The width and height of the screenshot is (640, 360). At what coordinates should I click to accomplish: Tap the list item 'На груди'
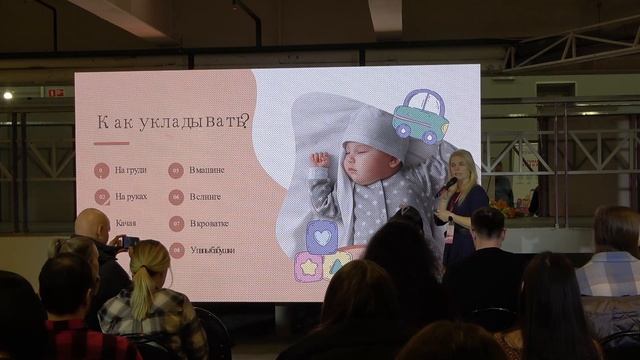(x=130, y=170)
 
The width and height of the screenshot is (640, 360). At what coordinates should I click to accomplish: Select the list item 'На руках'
(x=130, y=197)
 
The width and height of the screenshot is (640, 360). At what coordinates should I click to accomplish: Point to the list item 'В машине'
(x=207, y=170)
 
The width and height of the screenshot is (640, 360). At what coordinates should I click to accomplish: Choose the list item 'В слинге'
(x=206, y=197)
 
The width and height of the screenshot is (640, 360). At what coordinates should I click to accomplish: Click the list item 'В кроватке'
(x=209, y=223)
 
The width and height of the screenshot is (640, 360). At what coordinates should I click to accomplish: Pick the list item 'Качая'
(x=126, y=223)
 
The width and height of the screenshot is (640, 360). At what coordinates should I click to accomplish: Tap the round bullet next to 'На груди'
(x=101, y=170)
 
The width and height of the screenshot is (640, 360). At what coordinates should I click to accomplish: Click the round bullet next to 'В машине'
(x=176, y=170)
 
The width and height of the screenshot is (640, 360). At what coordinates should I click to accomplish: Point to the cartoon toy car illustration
(x=420, y=116)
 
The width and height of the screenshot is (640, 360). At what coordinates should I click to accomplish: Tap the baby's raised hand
(x=319, y=160)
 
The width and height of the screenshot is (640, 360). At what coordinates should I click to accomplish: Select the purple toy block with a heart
(x=322, y=237)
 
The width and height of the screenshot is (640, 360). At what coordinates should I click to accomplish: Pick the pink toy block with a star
(x=308, y=266)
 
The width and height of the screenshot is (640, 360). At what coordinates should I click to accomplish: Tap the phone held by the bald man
(x=131, y=241)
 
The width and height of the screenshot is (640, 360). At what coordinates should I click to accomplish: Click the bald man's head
(x=92, y=224)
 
